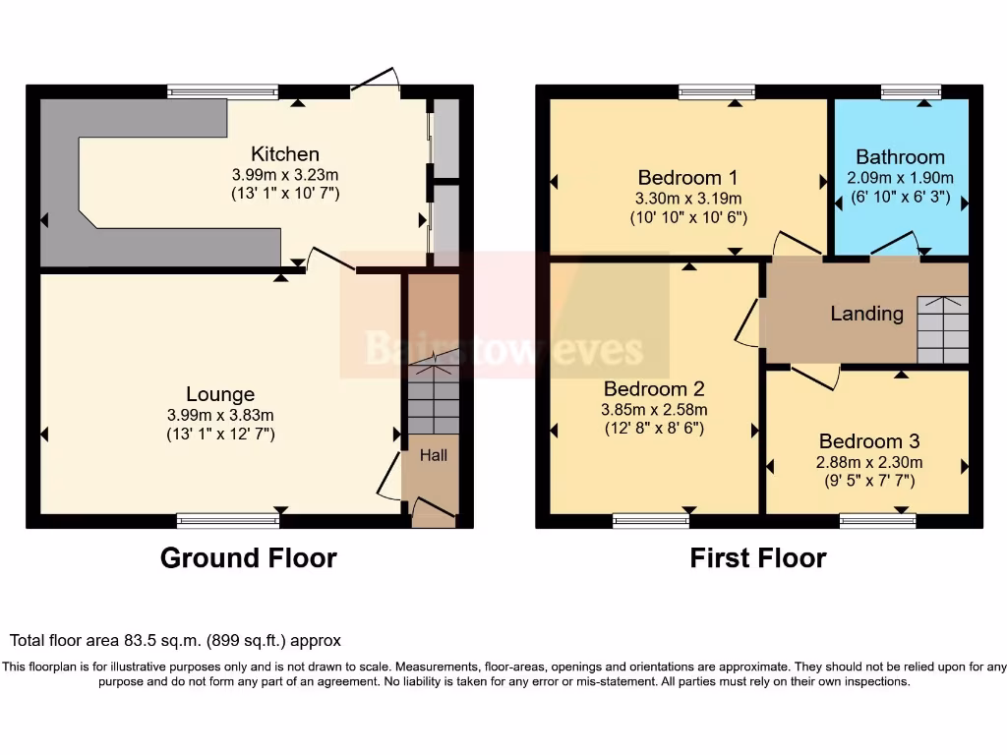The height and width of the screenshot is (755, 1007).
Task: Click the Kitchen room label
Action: (x=285, y=154)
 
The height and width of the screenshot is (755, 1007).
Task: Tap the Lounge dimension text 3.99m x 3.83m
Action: (x=220, y=415)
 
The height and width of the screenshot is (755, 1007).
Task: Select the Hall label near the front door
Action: (x=434, y=455)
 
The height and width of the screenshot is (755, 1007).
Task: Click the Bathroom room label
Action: (x=900, y=157)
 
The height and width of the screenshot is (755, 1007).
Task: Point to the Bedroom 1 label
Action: (x=687, y=178)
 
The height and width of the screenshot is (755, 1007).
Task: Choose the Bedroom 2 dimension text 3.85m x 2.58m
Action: (x=655, y=410)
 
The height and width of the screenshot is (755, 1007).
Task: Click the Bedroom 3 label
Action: (x=868, y=441)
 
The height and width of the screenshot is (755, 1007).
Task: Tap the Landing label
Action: (x=866, y=314)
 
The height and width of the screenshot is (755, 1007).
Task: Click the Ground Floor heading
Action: (x=248, y=558)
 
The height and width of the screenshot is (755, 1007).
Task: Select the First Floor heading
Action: (x=757, y=558)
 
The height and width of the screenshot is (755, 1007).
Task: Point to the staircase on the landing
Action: (x=942, y=329)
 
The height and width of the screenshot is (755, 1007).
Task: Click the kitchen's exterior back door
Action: (x=377, y=84)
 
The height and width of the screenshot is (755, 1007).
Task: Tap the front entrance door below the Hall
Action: (x=433, y=509)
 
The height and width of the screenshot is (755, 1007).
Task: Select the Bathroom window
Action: (x=911, y=92)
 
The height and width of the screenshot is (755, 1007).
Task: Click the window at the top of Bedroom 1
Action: (x=717, y=92)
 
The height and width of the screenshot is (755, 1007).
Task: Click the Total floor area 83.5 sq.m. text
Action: (x=176, y=640)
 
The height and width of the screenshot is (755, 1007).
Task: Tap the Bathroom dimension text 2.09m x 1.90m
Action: (x=900, y=178)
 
